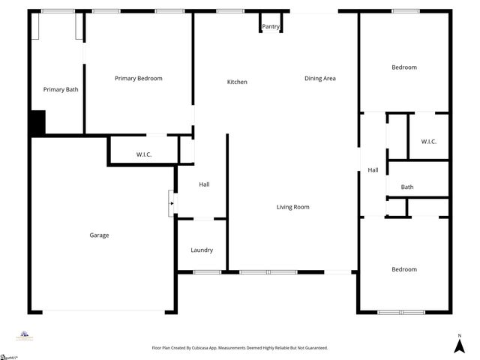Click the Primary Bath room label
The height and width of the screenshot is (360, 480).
pos(61,89)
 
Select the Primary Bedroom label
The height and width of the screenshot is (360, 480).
pos(138,78)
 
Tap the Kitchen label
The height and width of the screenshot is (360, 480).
pos(237,82)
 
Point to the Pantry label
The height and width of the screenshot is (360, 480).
pos(271,27)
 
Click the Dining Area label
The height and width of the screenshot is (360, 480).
pos(319,78)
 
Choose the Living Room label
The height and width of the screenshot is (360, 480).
pos(292,207)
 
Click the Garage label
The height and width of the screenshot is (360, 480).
pos(99,235)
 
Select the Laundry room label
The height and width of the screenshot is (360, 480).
pos(202,250)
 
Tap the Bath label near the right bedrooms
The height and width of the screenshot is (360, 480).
pos(407,187)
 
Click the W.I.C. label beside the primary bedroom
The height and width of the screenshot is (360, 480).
pos(144,154)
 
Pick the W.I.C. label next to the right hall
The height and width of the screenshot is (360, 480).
pos(428,142)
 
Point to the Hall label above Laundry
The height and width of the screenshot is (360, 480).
pos(204,184)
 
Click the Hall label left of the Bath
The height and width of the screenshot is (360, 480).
pos(373,170)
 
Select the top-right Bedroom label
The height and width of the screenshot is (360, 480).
pos(404,67)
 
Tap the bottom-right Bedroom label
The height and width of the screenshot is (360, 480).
pos(404,269)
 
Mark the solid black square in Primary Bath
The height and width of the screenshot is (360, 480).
pos(37,122)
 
